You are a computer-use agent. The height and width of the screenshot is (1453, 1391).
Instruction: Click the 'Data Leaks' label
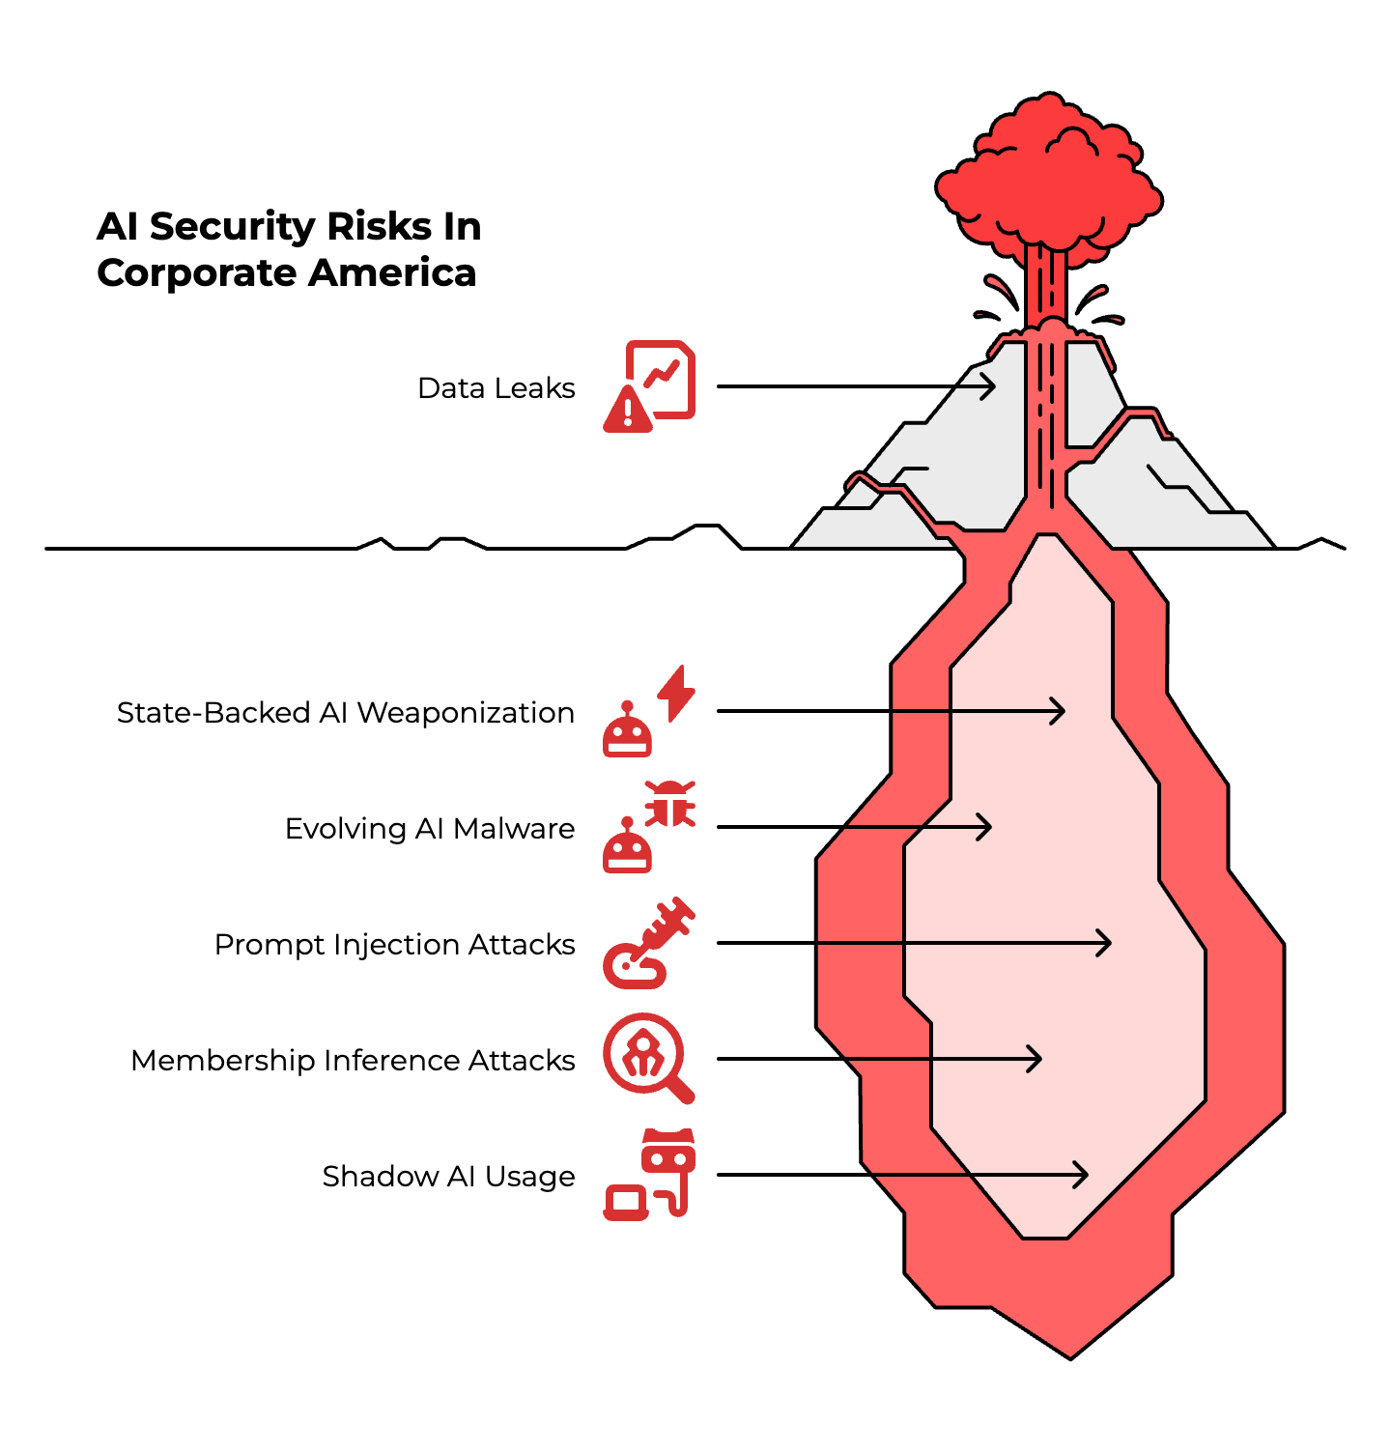click(x=496, y=388)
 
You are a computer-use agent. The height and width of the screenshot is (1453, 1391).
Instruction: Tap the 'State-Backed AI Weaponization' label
click(x=345, y=713)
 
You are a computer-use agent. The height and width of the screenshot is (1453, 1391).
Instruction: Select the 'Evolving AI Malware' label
click(x=429, y=829)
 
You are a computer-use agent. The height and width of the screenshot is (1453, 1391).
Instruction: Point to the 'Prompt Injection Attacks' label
click(x=394, y=945)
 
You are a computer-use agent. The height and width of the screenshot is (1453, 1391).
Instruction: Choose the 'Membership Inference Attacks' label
click(x=353, y=1061)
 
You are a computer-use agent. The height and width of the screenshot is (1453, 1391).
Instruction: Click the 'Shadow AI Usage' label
click(x=448, y=1177)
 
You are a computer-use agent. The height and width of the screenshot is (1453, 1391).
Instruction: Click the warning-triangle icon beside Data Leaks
click(x=628, y=410)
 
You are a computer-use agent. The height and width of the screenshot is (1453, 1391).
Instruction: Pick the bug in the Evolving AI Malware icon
click(x=670, y=804)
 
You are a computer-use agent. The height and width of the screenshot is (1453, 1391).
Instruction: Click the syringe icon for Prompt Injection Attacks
click(x=649, y=943)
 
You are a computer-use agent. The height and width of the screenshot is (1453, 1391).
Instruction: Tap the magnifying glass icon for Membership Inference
click(x=647, y=1058)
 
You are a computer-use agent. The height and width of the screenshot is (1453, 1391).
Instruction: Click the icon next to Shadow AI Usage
click(x=649, y=1175)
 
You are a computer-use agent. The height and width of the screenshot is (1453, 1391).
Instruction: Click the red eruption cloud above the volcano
click(x=1049, y=184)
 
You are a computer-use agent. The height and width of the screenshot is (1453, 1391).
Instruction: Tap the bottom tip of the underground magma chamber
click(x=1070, y=1355)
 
